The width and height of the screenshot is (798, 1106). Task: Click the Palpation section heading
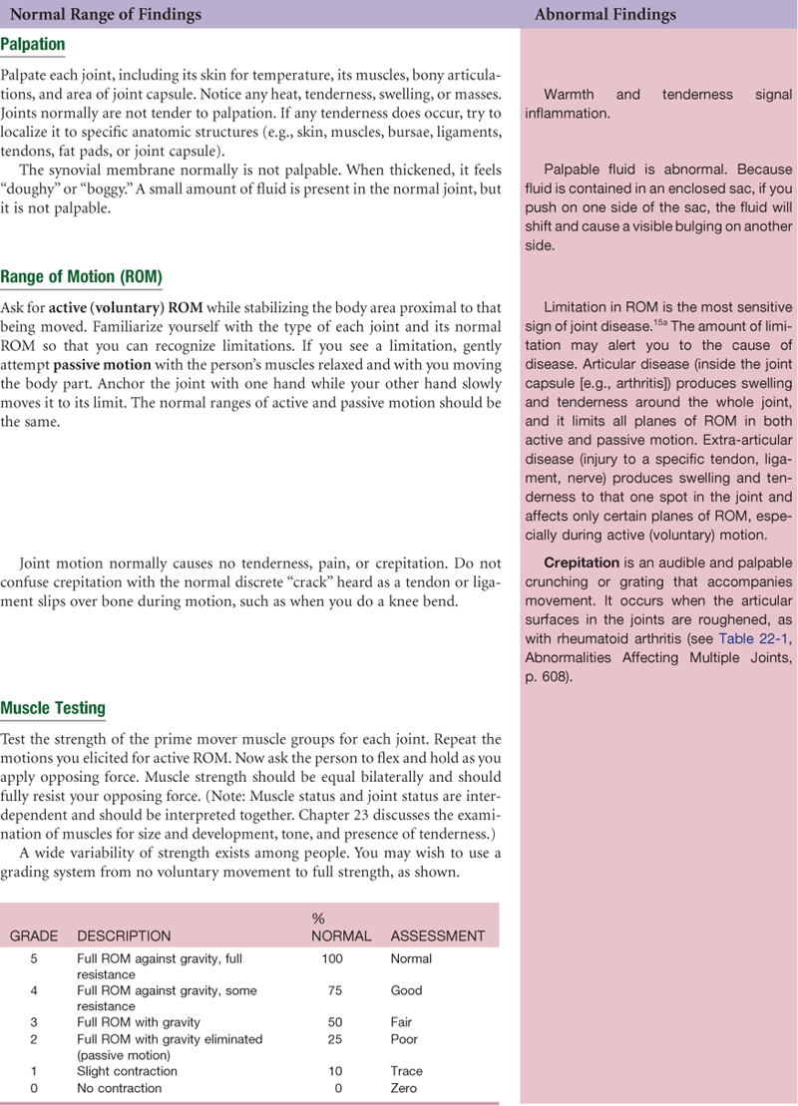pos(33,45)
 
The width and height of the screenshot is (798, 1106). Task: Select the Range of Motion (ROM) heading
pos(81,276)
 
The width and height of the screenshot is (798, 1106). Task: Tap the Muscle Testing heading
pos(53,709)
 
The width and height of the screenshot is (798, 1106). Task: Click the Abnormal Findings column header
pos(604,14)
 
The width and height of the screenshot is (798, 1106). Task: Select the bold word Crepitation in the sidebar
pos(582,562)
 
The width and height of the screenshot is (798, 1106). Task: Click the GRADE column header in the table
pos(34,936)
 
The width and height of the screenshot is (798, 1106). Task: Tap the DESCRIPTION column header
pos(124,936)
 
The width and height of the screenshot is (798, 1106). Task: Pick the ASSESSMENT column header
pos(437,936)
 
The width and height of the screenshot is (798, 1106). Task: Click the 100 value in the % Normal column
pos(332,959)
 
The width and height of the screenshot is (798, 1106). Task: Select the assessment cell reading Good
pos(407,991)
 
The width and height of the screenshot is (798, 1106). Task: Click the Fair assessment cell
pos(402,1022)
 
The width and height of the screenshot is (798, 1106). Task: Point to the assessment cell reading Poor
pos(404,1039)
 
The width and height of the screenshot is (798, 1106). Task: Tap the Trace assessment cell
pos(407,1071)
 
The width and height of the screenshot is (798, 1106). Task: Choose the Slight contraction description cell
pos(127,1071)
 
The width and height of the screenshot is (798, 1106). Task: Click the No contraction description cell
pos(119,1088)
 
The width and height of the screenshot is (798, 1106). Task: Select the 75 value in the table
pos(332,991)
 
